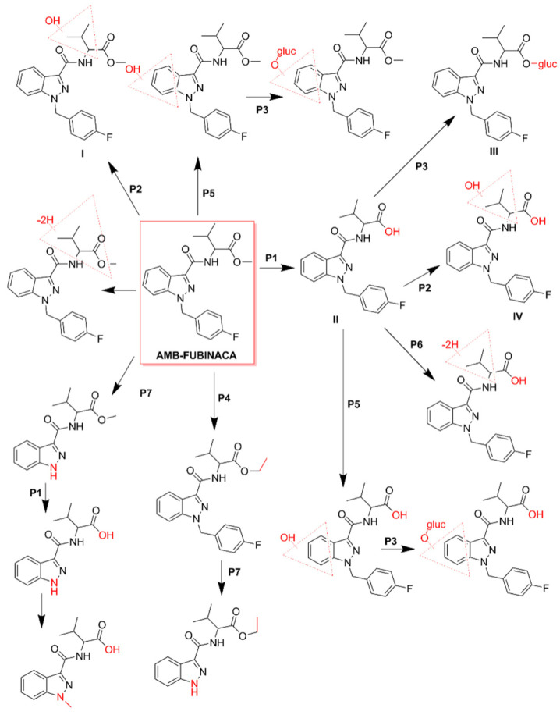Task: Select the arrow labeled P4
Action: (213, 398)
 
